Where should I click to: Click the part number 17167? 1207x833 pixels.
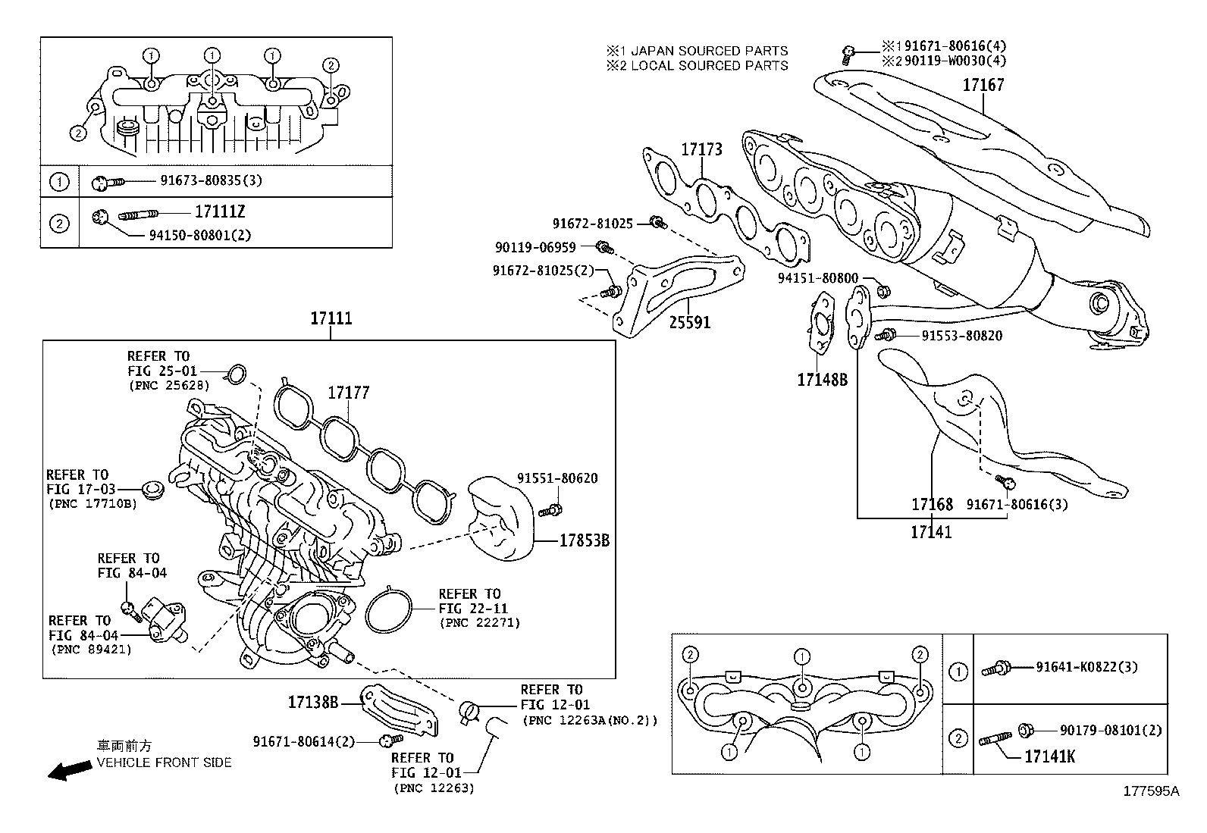click(983, 85)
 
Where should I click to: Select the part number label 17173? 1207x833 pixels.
click(701, 149)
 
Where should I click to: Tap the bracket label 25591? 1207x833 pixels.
click(689, 322)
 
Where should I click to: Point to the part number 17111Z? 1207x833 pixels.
click(220, 211)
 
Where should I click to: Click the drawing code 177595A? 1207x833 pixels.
click(1151, 791)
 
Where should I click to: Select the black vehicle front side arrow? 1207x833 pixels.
click(67, 771)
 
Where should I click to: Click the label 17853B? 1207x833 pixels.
click(584, 540)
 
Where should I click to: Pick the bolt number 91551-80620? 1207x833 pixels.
click(557, 478)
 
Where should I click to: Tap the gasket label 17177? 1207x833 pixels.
click(348, 393)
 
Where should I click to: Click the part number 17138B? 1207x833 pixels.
click(312, 702)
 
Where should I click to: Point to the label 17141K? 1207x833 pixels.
click(1049, 756)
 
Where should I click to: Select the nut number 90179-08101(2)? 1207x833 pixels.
click(1111, 730)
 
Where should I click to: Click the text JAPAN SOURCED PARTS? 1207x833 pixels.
click(710, 51)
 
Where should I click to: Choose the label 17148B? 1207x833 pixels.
click(822, 379)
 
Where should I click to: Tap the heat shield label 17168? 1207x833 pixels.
click(932, 504)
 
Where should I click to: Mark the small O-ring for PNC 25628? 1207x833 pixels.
click(237, 372)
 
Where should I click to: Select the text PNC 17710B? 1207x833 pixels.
click(92, 503)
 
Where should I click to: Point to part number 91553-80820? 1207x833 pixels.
click(961, 335)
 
